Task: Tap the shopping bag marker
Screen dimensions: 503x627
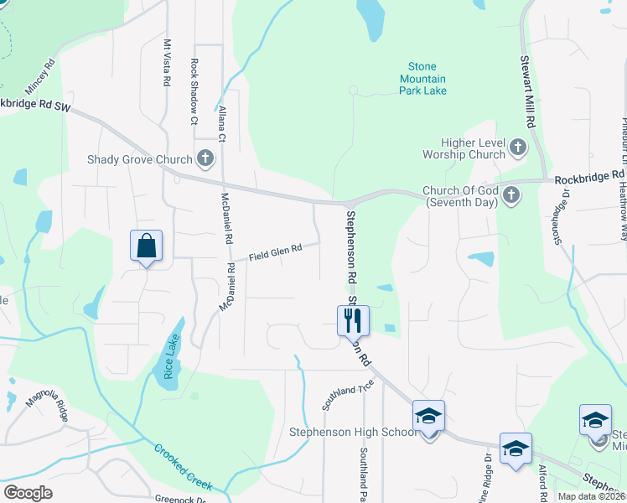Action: (146, 246)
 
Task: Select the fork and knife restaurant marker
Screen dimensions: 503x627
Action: (353, 319)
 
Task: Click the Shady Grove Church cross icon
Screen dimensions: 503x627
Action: (205, 158)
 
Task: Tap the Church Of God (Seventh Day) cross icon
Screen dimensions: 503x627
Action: (510, 195)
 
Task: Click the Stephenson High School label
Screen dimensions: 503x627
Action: (352, 432)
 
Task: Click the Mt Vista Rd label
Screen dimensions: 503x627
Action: (167, 63)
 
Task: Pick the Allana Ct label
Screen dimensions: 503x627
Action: (222, 123)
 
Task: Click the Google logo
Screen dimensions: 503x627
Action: (28, 493)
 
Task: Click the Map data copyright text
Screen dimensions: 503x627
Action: (591, 495)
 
